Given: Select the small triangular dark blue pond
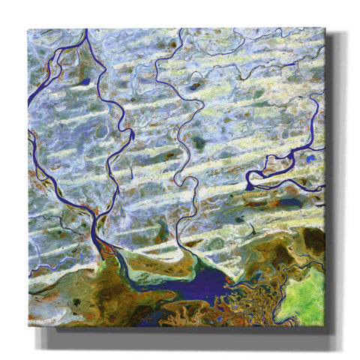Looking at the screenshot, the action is [85, 81].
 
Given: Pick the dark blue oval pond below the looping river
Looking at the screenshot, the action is [289, 201].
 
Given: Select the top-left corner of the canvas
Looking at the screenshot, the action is [28, 30].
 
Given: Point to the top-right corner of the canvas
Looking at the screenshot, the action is [325, 28].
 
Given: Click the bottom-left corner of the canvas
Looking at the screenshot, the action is [28, 325].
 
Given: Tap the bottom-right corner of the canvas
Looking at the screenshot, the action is [325, 326].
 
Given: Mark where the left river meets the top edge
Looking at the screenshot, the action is [86, 30].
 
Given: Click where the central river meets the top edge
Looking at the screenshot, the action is [181, 30].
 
